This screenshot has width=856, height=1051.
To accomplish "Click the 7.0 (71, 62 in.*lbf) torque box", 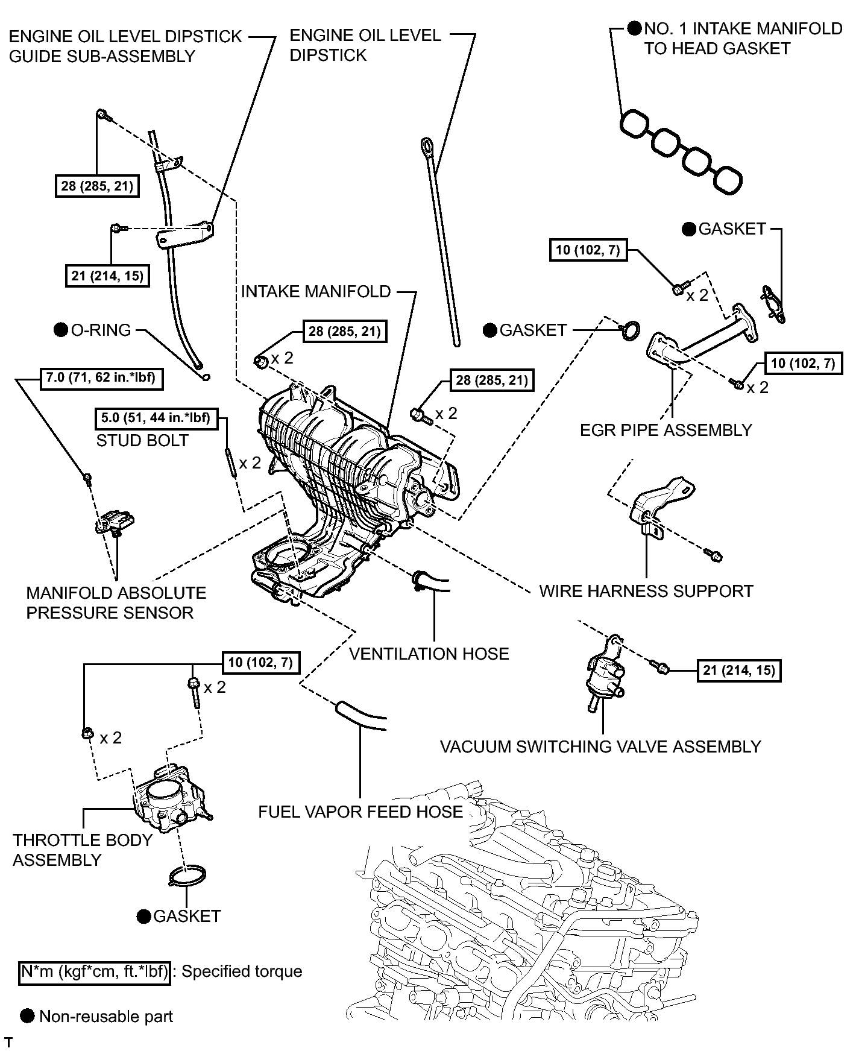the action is point(101,379).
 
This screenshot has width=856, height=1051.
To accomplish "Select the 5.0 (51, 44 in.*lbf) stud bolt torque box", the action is point(156,418).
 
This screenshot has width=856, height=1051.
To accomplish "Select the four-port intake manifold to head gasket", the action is point(681,151).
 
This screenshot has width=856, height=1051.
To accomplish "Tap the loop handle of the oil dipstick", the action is point(427,146).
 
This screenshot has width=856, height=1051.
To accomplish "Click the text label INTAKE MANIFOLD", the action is point(316,292).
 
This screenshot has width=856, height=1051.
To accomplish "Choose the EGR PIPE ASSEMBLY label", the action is point(666,430).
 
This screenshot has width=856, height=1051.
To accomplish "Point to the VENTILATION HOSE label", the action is point(429,654).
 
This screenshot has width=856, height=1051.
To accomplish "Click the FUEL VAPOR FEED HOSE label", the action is point(360,812).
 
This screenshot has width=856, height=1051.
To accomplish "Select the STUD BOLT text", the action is point(142,440).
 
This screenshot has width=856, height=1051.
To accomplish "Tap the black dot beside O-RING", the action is point(60,330).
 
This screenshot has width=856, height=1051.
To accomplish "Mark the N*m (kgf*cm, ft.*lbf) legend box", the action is point(95,971).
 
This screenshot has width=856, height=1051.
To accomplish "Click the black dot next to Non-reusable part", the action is point(27,1016).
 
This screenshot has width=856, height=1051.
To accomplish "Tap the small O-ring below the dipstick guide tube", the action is point(206,377).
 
